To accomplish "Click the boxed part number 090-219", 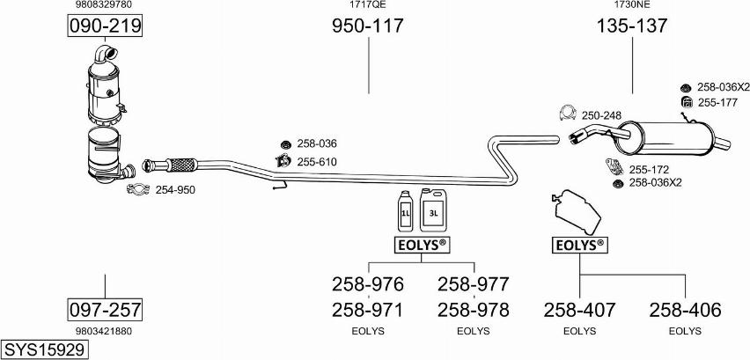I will pos(106,27).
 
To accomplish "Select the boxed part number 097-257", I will pos(106,310).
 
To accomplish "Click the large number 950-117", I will pos(367,26).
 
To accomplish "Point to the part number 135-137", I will pos(631,26).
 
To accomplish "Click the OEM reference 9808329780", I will pos(105,5).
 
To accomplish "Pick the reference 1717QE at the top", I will pos(367,5).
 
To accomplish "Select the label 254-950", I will pos(175,189).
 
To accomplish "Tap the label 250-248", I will pos(601,115).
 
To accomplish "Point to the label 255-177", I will pos(718,103).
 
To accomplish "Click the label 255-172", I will pos(650,169).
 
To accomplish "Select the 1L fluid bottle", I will pos(406,210).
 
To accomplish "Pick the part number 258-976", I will pos(367,284).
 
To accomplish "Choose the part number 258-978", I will pos(473,310).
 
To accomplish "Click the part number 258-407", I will pos(579,310).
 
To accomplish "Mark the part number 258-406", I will pos(685,310).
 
